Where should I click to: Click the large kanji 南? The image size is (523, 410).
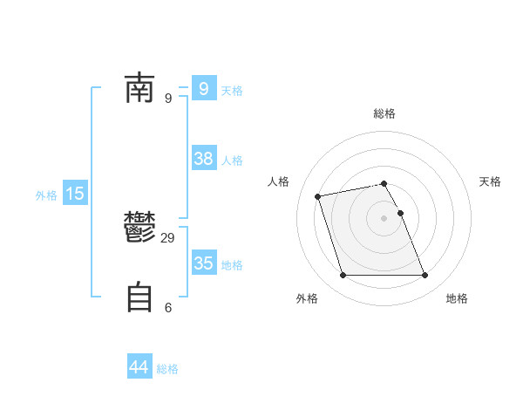[x=139, y=89]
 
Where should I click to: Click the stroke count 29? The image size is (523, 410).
[x=168, y=238]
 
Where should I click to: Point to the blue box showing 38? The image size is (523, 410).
[x=204, y=159]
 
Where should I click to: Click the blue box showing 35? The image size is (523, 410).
[x=204, y=263]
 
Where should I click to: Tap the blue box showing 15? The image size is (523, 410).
[x=75, y=194]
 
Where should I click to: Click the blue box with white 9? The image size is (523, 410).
[x=204, y=89]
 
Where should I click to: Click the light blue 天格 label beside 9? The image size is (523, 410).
[x=232, y=91]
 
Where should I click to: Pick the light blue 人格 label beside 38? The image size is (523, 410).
[x=232, y=161]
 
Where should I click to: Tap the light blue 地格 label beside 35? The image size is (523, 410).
[x=232, y=265]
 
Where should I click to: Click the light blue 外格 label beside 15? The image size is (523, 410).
[x=46, y=195]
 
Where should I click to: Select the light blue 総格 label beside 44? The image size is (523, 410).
[x=167, y=369]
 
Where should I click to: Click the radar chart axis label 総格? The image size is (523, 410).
[x=384, y=113]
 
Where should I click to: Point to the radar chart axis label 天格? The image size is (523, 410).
[x=490, y=181]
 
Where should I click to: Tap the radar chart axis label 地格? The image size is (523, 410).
[x=457, y=298]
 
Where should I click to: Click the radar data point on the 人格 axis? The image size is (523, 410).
[x=318, y=195]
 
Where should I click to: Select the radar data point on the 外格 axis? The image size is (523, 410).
[x=343, y=276]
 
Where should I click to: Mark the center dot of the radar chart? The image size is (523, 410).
[x=384, y=218]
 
